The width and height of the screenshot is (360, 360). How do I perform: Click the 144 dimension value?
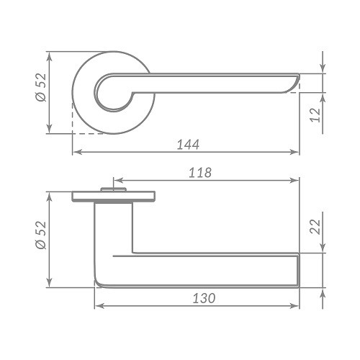(186, 144)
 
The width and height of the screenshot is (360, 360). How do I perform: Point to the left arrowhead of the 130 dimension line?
(99, 306)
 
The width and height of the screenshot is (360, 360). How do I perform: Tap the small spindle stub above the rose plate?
(114, 189)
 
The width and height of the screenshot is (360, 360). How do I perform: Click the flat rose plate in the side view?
(114, 196)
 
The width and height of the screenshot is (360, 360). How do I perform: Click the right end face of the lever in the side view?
(297, 269)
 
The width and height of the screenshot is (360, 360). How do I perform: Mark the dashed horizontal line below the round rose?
(90, 133)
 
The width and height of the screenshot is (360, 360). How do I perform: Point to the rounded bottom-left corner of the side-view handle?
(99, 280)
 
